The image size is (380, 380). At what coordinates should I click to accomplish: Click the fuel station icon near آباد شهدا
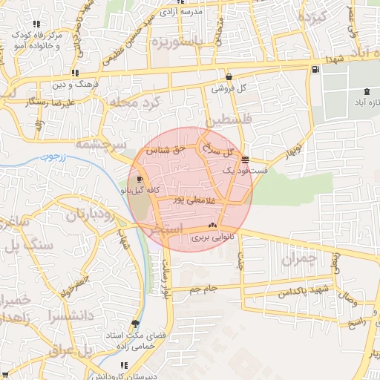point(318,70)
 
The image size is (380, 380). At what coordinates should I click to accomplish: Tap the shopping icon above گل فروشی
point(229,76)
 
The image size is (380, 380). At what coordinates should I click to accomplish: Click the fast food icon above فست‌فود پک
point(245,159)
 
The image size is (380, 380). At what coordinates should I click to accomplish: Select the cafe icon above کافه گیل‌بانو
point(140,179)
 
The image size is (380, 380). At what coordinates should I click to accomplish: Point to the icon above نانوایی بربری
point(212,225)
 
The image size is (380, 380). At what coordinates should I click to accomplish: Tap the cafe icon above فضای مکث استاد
point(134,324)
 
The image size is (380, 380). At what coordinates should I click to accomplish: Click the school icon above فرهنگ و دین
point(75,73)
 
